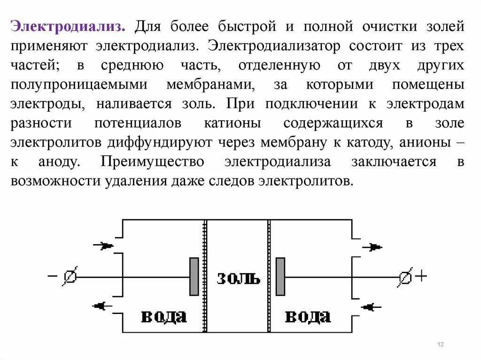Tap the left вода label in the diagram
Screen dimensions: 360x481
click(163, 316)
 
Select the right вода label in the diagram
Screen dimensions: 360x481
click(308, 316)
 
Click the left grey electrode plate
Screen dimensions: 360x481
click(194, 276)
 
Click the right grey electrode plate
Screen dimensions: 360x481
click(280, 276)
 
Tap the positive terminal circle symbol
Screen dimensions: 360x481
click(405, 277)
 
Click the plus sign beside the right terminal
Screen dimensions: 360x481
click(421, 276)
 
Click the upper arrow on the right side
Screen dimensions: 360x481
click(372, 247)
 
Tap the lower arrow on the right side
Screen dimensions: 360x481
click(371, 307)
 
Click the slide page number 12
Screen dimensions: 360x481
click(441, 345)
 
